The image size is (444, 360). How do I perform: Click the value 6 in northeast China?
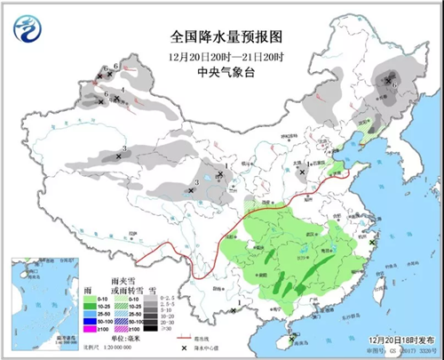(395, 85)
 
